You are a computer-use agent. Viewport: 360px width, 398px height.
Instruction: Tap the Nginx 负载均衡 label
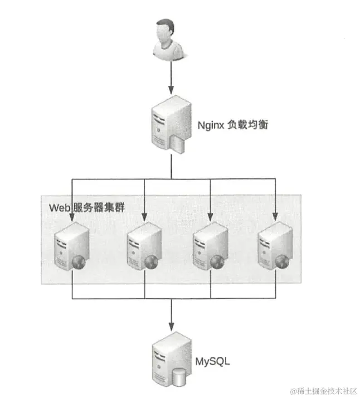(233, 125)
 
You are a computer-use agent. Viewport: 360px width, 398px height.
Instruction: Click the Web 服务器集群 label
(86, 208)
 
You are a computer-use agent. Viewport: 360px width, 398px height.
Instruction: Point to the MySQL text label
(212, 362)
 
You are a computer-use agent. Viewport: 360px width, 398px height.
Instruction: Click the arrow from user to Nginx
(171, 78)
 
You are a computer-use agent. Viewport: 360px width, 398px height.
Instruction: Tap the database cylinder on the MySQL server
(179, 377)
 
